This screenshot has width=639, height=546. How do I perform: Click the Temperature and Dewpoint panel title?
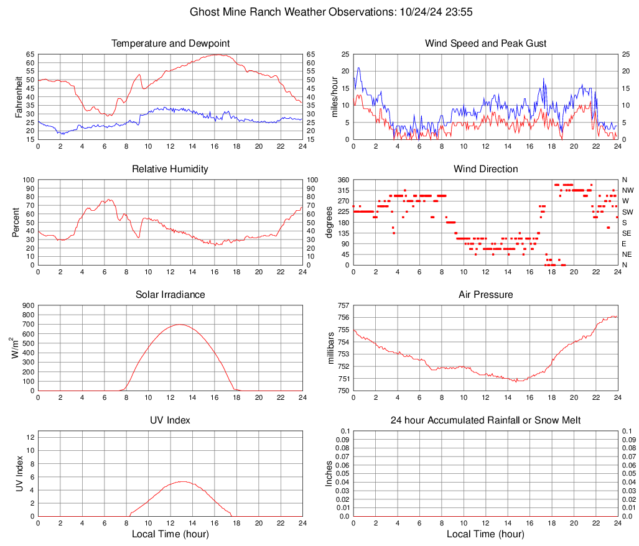tap(170, 44)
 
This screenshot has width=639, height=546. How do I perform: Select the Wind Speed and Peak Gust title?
tap(485, 44)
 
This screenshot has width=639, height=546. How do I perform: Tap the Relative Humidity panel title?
tap(170, 169)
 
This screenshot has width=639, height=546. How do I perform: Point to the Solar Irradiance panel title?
tap(170, 295)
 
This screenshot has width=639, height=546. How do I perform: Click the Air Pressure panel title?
tap(485, 295)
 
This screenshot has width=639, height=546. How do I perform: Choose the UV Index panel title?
tap(170, 420)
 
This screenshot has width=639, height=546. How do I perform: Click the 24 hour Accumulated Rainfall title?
tap(485, 420)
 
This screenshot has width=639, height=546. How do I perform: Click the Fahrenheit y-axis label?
tap(18, 96)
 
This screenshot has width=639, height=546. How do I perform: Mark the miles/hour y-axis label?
tap(334, 96)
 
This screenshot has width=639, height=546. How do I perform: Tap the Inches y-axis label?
tap(329, 473)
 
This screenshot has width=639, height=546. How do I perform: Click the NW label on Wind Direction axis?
tap(628, 190)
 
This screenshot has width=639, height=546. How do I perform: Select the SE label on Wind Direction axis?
tap(627, 233)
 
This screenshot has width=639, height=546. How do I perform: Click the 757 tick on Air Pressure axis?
tap(343, 305)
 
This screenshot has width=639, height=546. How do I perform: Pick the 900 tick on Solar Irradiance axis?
tap(28, 305)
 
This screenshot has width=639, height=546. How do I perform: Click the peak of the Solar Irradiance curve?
tap(180, 325)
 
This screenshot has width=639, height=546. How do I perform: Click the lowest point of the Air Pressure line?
tap(516, 381)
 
